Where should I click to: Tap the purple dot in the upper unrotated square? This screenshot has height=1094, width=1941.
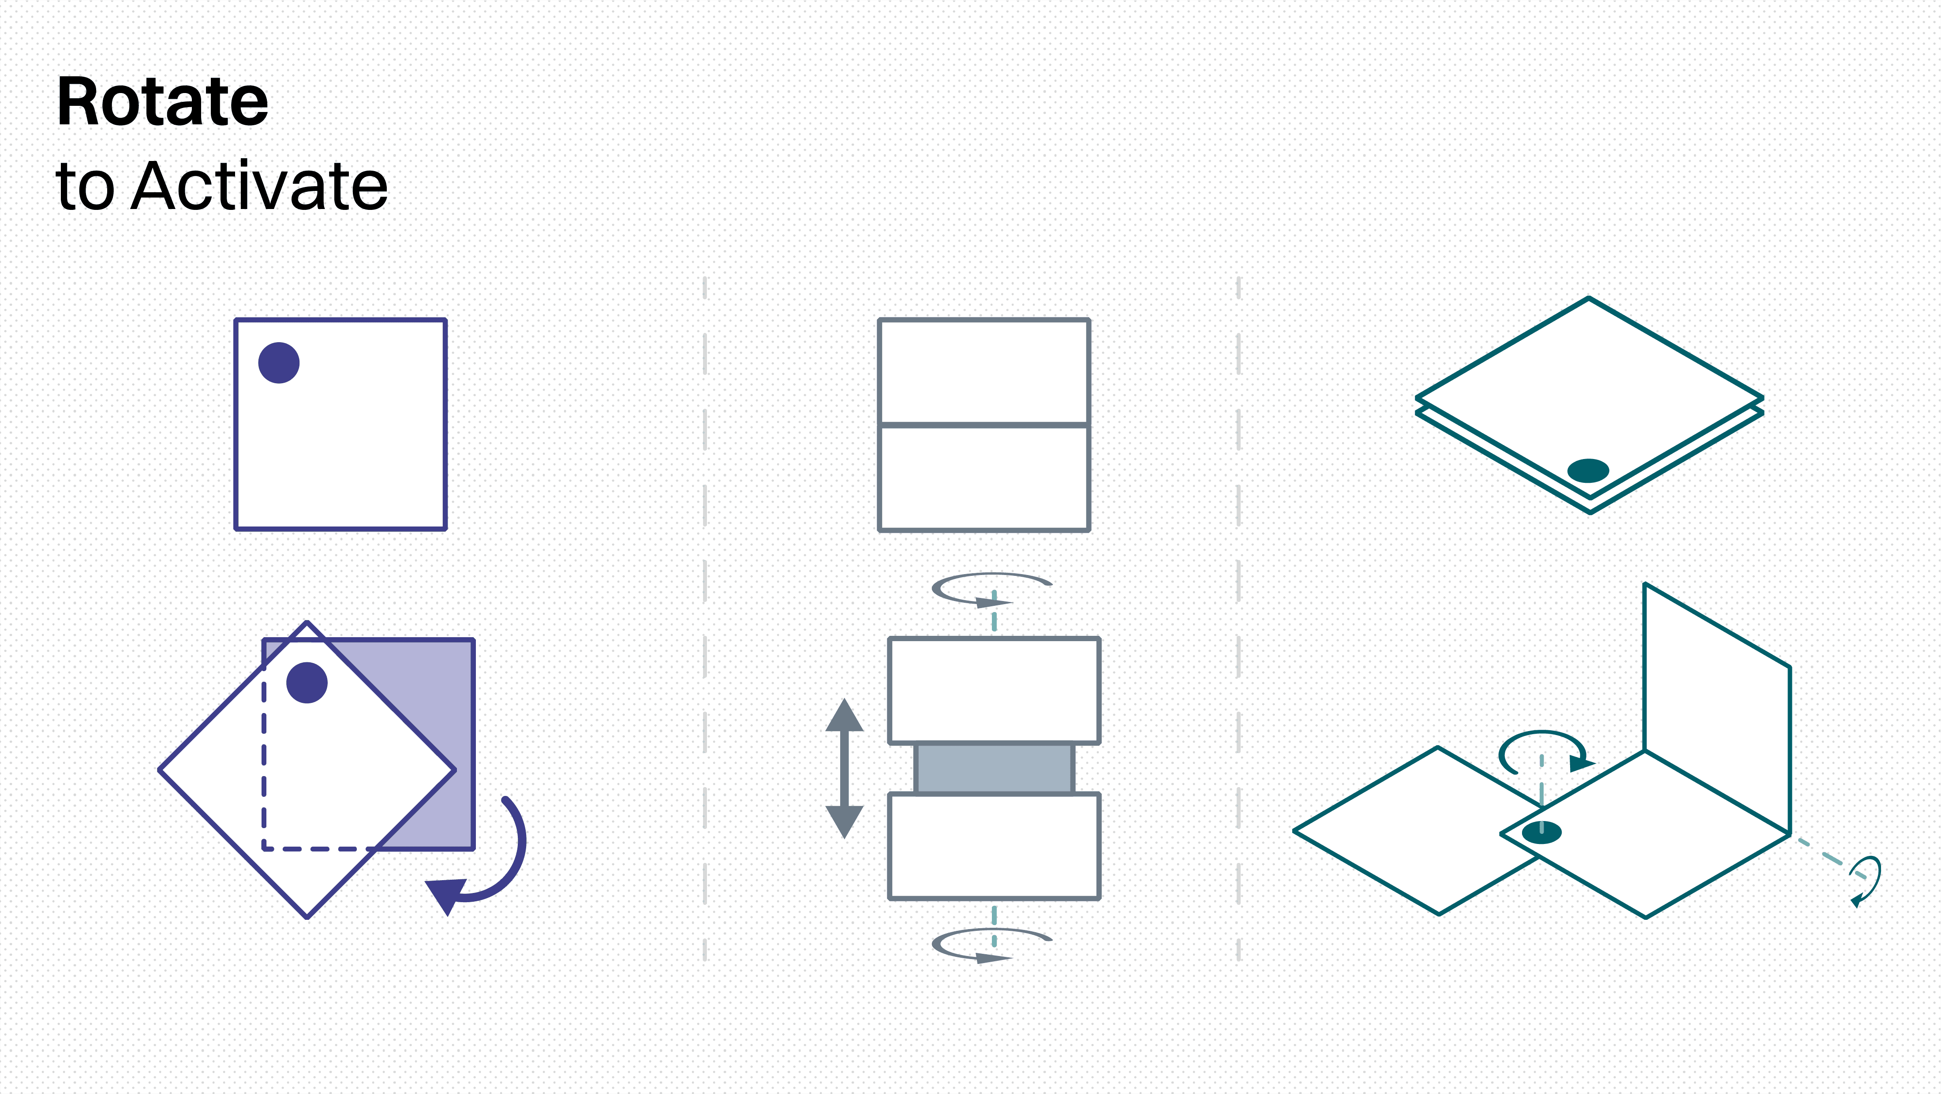(x=279, y=362)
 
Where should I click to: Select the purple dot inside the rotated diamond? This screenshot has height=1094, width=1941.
(x=307, y=683)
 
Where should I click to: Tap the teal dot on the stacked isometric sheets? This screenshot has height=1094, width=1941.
(x=1588, y=470)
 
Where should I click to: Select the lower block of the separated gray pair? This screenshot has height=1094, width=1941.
(x=994, y=845)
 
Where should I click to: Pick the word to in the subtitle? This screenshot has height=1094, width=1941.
(x=84, y=187)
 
